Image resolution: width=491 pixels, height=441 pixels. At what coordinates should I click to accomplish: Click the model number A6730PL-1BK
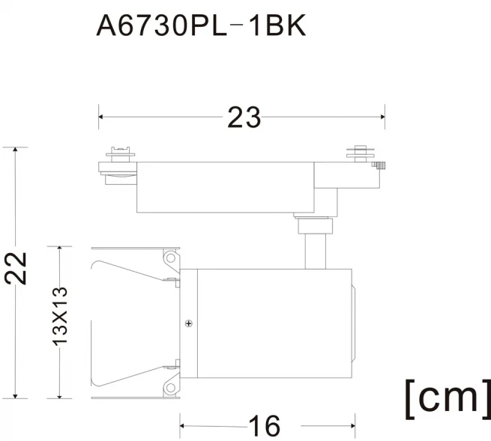[x=201, y=25]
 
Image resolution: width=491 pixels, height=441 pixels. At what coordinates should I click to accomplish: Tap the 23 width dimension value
[x=244, y=118]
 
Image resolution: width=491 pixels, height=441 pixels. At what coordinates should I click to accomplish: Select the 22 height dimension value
[x=16, y=268]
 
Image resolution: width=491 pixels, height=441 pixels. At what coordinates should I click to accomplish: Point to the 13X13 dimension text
[x=59, y=316]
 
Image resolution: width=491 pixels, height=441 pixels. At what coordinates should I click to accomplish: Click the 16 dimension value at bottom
[x=265, y=426]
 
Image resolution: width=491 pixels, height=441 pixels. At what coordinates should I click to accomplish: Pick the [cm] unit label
[x=448, y=398]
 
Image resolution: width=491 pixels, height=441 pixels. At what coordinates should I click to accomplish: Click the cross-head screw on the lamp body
[x=188, y=323]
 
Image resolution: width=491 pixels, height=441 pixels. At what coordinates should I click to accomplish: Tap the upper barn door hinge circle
[x=171, y=258]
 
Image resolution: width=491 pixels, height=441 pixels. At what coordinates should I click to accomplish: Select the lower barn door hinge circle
[x=170, y=388]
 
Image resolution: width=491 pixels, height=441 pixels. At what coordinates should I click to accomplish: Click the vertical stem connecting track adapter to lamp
[x=316, y=251]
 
